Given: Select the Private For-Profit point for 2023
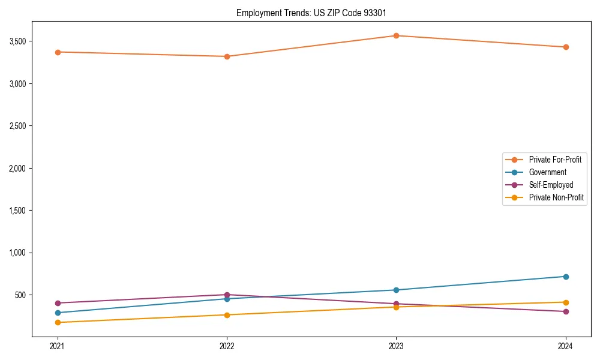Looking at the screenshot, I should (x=396, y=35).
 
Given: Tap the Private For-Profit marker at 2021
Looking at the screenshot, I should (x=58, y=52).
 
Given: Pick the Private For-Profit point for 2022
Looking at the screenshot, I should (x=227, y=56).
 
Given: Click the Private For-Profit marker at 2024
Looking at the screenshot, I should (x=566, y=47).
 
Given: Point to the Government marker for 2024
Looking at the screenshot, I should (x=566, y=277).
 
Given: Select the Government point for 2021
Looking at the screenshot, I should (x=58, y=313).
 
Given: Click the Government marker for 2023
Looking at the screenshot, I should (x=396, y=290).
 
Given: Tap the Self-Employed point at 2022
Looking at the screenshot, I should (x=227, y=295).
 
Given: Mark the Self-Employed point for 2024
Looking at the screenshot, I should (x=566, y=311).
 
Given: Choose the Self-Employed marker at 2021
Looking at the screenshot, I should (x=58, y=303).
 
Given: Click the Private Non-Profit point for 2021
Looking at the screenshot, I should (x=58, y=323).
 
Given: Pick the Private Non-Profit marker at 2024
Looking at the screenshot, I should (x=566, y=302).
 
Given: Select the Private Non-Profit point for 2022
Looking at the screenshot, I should (x=227, y=315).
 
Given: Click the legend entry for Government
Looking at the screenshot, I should (x=547, y=172).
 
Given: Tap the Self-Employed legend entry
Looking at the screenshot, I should (x=551, y=185).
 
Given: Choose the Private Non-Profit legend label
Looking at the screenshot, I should (x=556, y=197).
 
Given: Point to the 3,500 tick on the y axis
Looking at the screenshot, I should (x=17, y=41).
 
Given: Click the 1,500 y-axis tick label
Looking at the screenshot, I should (x=17, y=211).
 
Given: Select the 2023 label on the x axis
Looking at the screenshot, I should (x=396, y=346).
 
